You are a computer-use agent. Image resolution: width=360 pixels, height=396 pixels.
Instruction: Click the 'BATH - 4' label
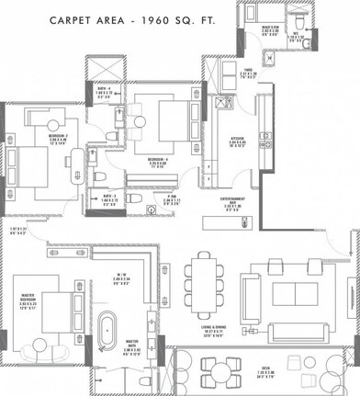tap(102, 88)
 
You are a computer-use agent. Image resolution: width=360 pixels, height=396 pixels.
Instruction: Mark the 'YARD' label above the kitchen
tap(250, 71)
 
